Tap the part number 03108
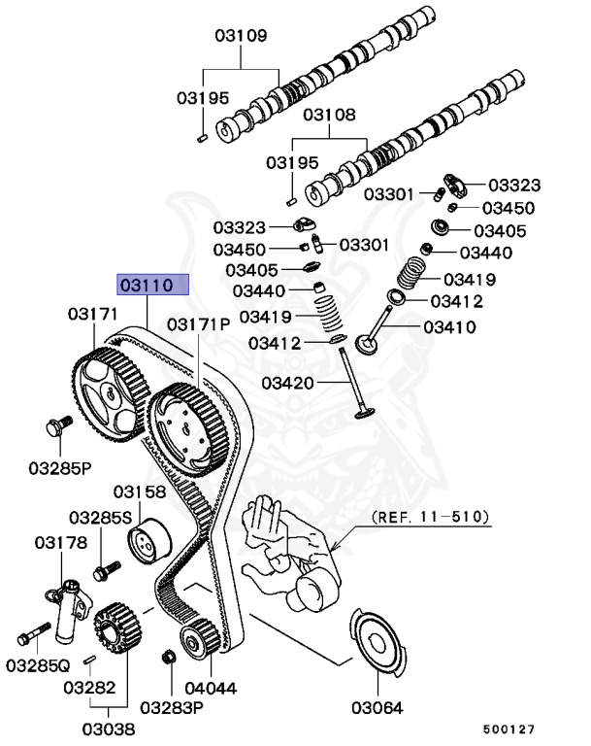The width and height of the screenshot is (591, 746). pos(330,114)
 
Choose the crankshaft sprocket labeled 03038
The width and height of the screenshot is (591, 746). pos(115,631)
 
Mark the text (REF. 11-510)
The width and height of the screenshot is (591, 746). pos(429,516)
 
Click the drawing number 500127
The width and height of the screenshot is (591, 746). pos(508,728)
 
